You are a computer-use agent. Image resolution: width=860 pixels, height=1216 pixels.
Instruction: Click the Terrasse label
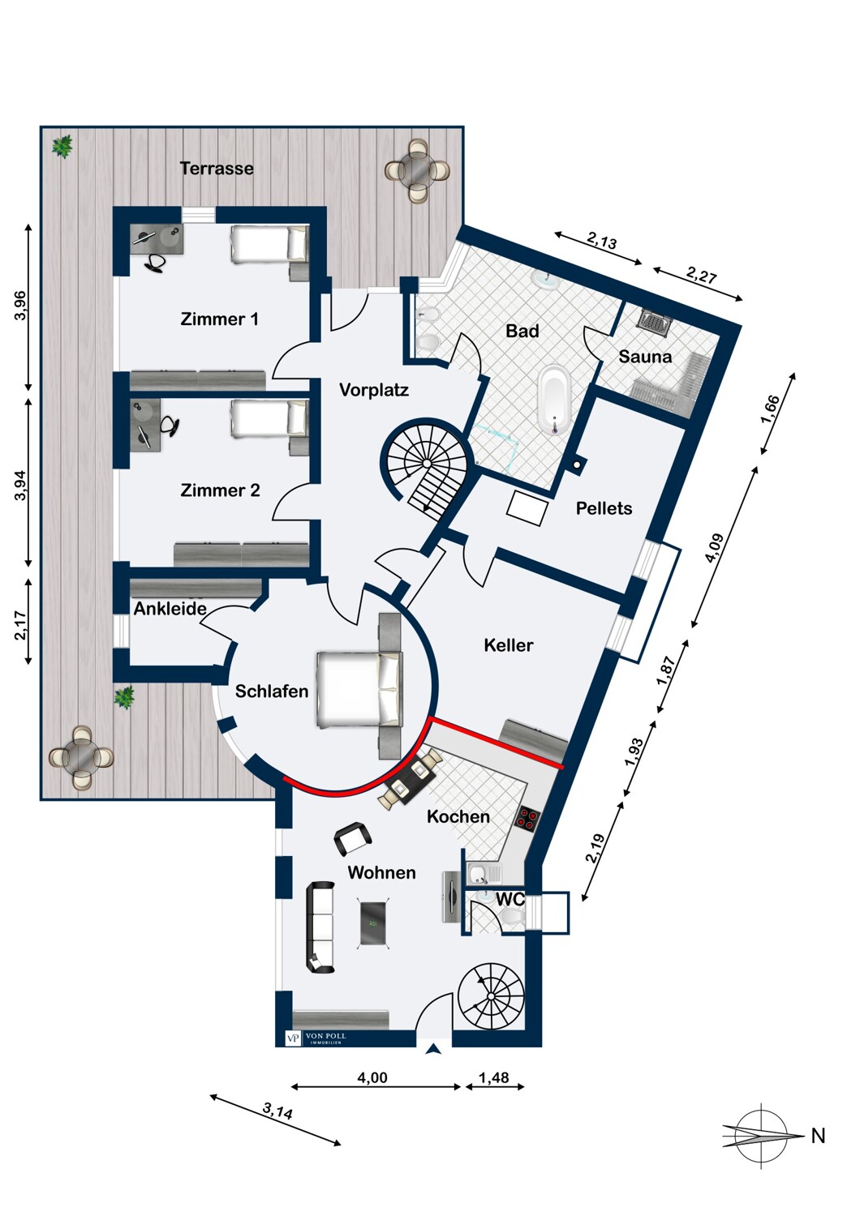[217, 169]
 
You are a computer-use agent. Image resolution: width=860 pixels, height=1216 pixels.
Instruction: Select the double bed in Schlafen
[360, 689]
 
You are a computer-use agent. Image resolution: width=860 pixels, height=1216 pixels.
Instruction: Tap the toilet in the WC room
[512, 918]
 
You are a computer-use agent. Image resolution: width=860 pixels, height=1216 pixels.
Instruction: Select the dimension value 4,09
[716, 548]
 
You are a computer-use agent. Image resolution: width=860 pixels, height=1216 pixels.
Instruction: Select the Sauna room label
[645, 357]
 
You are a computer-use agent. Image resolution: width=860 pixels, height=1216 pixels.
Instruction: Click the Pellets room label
[604, 508]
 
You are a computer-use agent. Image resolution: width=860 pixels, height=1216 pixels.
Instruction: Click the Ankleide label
[170, 609]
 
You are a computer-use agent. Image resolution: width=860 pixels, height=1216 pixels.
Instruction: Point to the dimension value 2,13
[602, 240]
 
